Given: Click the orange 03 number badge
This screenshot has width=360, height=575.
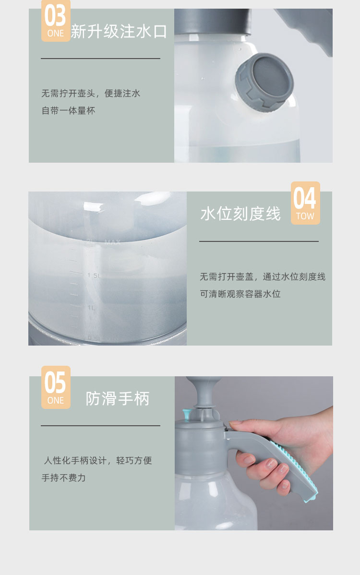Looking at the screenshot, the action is pos(56,21).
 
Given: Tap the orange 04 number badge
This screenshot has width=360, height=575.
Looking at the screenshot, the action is pos(305,203).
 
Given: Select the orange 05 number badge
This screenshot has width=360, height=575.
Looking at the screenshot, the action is pos(56,387).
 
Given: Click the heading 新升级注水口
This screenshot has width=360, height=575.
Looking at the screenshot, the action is pos(119,32).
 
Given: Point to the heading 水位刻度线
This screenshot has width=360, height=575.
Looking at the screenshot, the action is pos(240,214).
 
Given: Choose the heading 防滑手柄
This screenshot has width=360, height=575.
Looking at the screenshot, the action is pos(118,399).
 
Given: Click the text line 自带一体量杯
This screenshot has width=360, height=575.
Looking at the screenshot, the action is pos(68,110).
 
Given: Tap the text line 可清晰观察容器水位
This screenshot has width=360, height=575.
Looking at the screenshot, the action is pos(240,294).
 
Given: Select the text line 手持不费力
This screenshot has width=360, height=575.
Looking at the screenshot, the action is pos(63,478).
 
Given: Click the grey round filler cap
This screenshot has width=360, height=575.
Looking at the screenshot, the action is pos(264,82).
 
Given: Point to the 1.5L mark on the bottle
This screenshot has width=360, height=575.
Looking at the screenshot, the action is pos(93,276).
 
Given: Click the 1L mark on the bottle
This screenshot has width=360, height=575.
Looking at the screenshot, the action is pos(91,308).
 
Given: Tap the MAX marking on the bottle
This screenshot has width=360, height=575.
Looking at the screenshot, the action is pos(112,242).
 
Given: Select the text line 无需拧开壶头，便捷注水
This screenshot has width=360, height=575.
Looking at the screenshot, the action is pos(91,93).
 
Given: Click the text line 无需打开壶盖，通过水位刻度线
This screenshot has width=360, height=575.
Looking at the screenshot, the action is pos(263,276).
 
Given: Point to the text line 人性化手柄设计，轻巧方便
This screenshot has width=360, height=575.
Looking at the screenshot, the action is pos(97,460).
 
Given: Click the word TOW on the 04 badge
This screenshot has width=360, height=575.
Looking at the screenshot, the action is pos(305,216).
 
